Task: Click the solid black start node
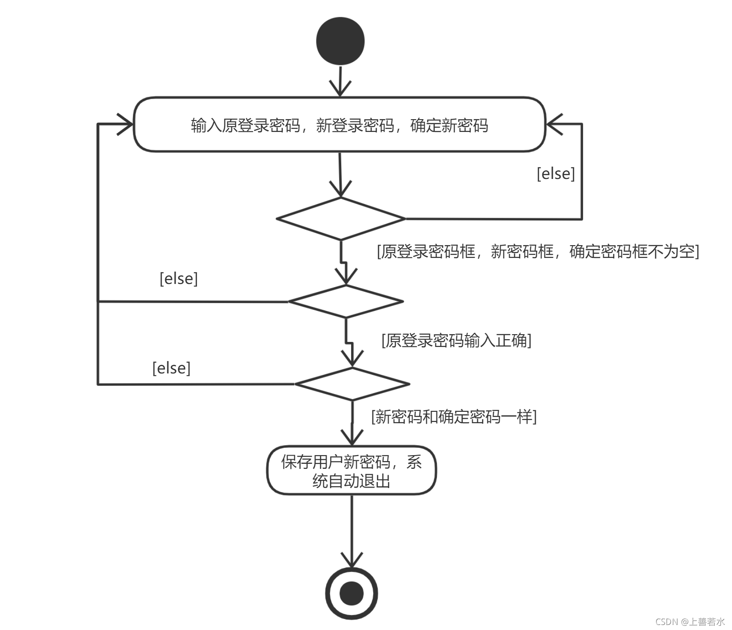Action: click(340, 41)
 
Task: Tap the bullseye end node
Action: click(352, 593)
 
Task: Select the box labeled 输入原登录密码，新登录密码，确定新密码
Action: click(340, 125)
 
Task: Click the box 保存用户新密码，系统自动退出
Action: click(352, 471)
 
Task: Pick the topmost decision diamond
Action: click(341, 219)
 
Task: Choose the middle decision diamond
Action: click(346, 301)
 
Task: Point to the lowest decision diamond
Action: click(352, 384)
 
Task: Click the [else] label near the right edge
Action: click(556, 173)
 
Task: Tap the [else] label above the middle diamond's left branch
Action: click(179, 278)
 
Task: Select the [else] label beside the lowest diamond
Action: click(171, 368)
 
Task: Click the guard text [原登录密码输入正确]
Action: click(456, 341)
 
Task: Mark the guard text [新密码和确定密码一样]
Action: click(454, 417)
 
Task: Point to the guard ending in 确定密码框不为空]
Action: click(538, 252)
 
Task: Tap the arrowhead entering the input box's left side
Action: click(126, 124)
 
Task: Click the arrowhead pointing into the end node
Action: click(352, 561)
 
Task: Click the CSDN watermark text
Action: click(690, 622)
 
